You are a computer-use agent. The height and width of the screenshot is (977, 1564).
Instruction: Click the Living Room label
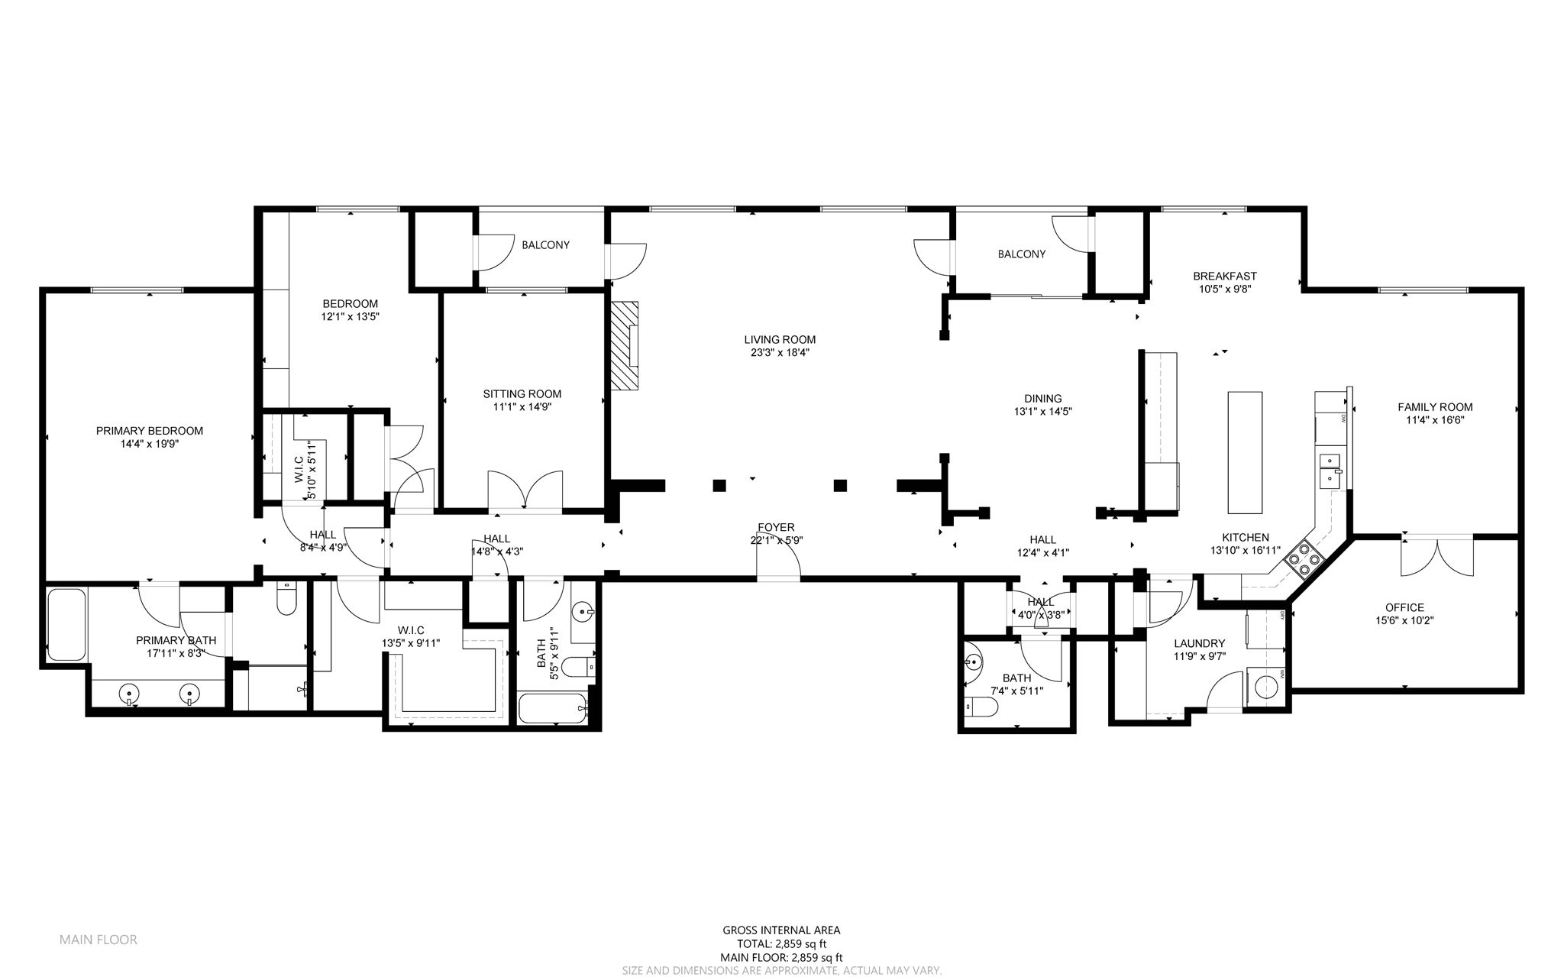click(780, 340)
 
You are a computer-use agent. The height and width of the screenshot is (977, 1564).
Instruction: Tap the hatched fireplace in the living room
click(623, 345)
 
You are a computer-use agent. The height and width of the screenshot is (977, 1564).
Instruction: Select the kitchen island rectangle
click(1245, 452)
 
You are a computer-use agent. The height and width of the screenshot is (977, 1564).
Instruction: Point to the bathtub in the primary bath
click(66, 624)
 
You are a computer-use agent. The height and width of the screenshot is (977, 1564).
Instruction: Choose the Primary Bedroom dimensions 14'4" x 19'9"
click(150, 444)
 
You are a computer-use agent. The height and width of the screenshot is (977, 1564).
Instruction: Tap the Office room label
click(1405, 608)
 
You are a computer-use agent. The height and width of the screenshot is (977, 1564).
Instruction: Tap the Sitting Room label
click(522, 394)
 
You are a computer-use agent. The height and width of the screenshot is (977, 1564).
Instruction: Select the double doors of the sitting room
click(525, 490)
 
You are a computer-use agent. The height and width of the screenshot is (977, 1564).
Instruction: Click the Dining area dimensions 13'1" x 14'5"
click(1043, 412)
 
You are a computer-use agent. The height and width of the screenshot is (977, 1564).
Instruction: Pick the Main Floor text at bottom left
click(99, 940)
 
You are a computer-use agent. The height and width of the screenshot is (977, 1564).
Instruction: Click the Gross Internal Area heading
click(781, 930)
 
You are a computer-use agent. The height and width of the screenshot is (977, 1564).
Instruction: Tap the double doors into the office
click(1436, 558)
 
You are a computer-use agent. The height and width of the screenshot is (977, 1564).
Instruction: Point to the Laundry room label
click(1200, 644)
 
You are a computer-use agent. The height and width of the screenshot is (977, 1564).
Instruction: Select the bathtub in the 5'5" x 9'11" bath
click(552, 709)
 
